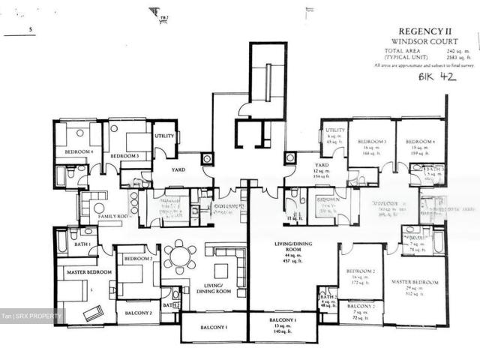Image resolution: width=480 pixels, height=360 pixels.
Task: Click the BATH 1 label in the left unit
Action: tap(82, 245)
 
